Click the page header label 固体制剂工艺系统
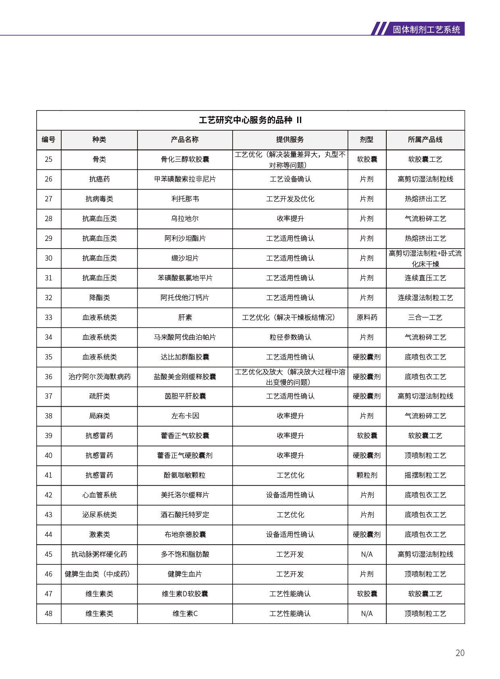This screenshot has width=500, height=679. click(426, 29)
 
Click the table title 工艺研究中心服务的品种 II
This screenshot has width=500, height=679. click(250, 120)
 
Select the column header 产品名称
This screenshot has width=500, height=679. click(185, 140)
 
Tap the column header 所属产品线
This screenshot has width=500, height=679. click(425, 140)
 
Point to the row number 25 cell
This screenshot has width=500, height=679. click(48, 159)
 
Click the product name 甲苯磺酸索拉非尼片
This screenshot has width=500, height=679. click(185, 179)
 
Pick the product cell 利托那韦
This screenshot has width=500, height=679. click(185, 199)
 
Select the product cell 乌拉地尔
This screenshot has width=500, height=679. click(185, 219)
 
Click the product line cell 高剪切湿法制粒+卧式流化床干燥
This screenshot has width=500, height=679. click(425, 258)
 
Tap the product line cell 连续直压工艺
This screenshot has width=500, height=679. click(425, 278)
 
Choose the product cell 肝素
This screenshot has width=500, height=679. click(185, 318)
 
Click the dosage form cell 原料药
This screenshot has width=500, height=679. click(367, 318)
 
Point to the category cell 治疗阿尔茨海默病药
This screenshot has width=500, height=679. click(99, 377)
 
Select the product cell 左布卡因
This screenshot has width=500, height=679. click(185, 416)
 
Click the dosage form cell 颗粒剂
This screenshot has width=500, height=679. click(367, 475)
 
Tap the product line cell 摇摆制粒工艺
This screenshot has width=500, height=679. click(425, 475)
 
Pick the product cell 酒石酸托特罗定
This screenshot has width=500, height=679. click(185, 515)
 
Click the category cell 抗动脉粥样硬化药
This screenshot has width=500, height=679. click(99, 554)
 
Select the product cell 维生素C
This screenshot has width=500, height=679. click(185, 614)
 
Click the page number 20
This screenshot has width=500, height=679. click(460, 653)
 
